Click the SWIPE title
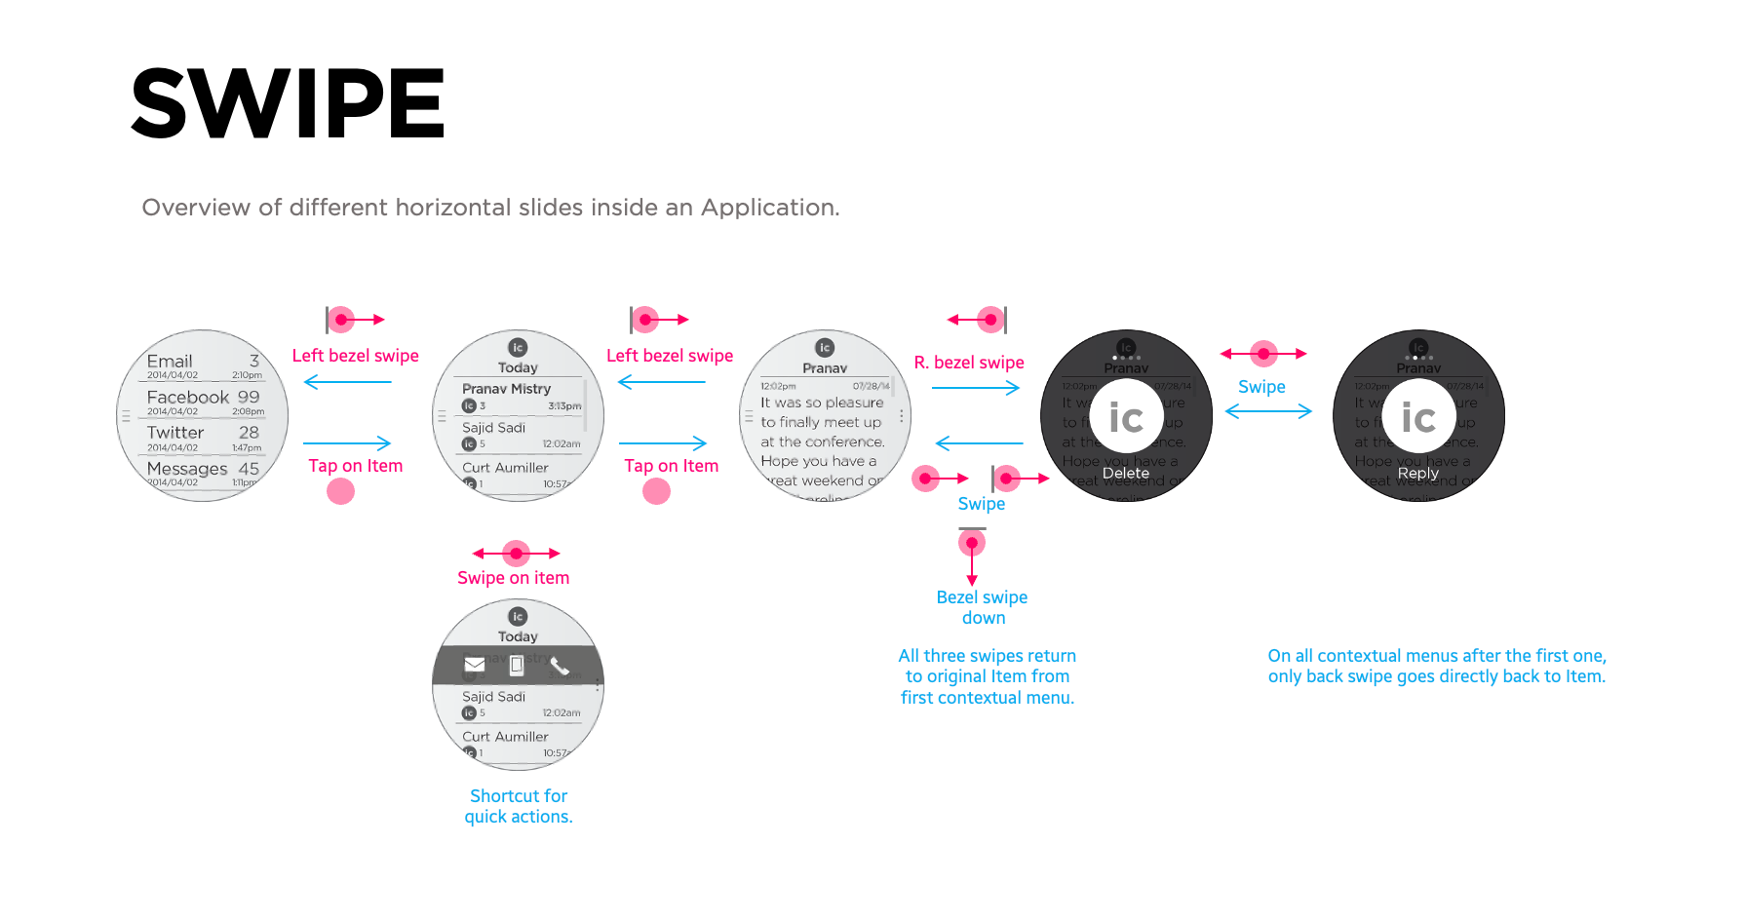[x=288, y=102]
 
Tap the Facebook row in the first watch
[x=203, y=398]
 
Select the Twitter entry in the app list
[x=176, y=433]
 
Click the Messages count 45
[x=249, y=469]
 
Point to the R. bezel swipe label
[x=969, y=363]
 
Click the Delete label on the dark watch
[x=1125, y=473]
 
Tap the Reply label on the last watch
[x=1417, y=473]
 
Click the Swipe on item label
[x=513, y=578]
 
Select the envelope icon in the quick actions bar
[x=475, y=665]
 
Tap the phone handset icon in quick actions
[x=560, y=665]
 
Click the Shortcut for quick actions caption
[x=519, y=806]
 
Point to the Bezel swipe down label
[x=982, y=607]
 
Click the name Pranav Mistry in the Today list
[x=506, y=389]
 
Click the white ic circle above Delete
[x=1126, y=418]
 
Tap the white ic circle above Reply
[x=1418, y=418]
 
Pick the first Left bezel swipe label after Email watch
[x=355, y=356]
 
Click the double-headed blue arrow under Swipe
[x=1268, y=411]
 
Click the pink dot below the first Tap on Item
[x=340, y=491]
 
